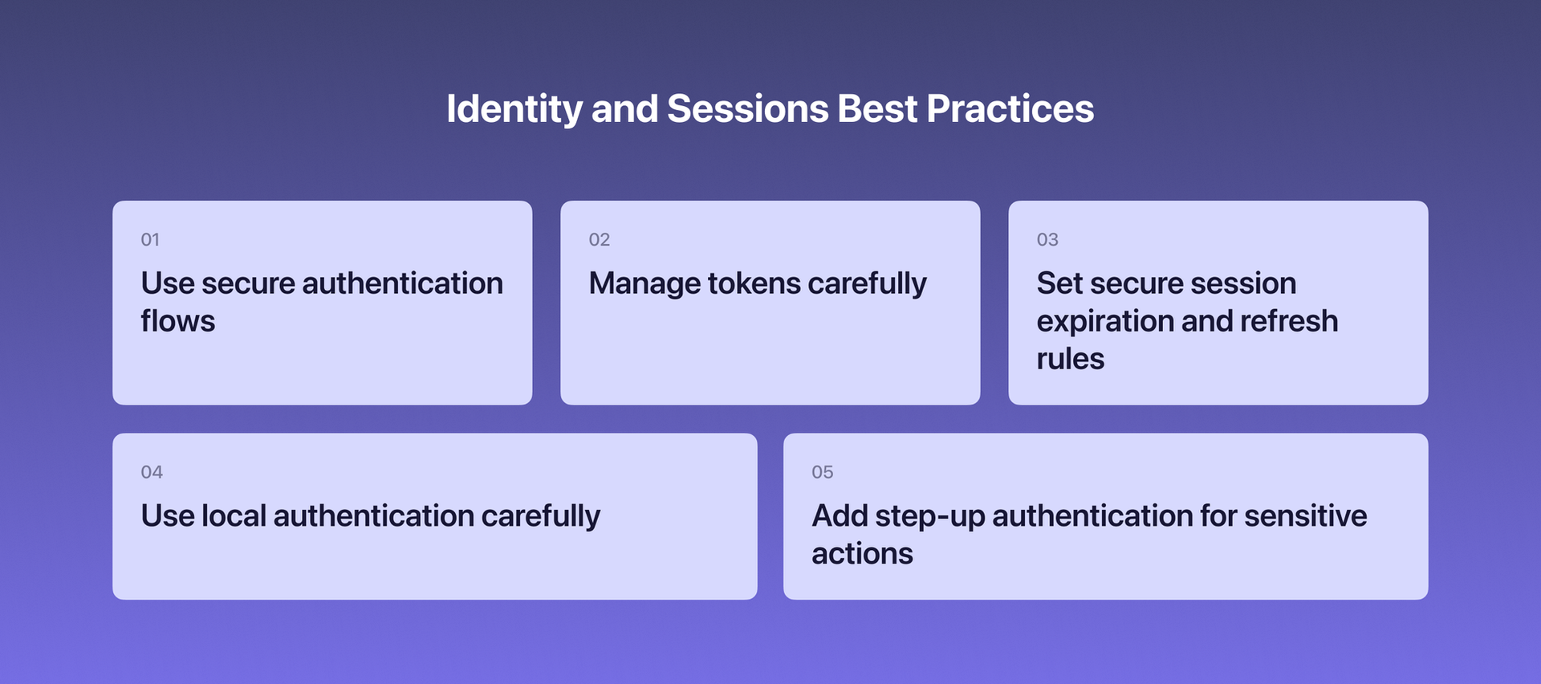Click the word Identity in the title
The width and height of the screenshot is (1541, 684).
pos(514,109)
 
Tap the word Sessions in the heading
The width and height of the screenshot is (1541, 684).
pos(747,109)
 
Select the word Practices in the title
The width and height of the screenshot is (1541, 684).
pos(1010,109)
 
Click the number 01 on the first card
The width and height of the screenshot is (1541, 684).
pos(150,239)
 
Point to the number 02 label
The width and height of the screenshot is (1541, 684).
pos(599,239)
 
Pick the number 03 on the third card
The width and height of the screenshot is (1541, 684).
pos(1047,239)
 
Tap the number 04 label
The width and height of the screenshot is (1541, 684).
pos(152,472)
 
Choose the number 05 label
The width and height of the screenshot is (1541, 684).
pos(822,472)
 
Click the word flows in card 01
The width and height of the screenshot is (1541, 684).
pos(177,321)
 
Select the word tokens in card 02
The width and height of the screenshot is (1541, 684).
pos(754,283)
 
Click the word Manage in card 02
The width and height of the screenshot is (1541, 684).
pos(644,283)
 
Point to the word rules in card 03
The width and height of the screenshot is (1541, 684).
pos(1070,359)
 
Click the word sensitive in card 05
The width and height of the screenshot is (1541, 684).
pos(1305,516)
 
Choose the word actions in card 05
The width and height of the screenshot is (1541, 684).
pos(862,554)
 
